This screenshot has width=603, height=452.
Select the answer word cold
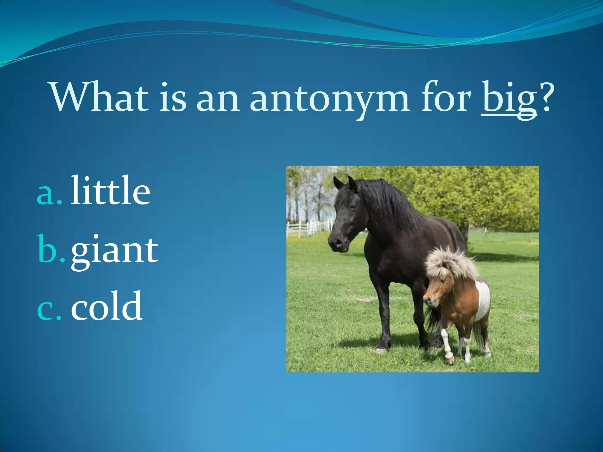107,306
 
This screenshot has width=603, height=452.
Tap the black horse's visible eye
352,207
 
